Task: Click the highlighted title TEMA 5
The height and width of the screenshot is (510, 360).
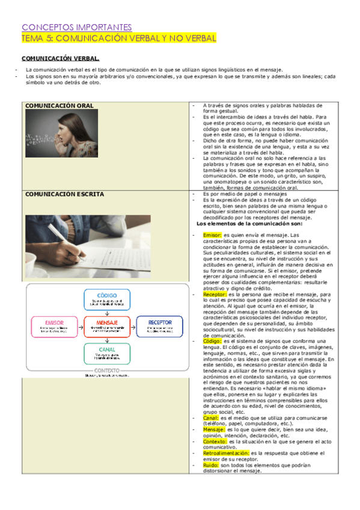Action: (x=119, y=38)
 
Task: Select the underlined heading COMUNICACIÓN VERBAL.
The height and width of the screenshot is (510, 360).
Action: (x=61, y=58)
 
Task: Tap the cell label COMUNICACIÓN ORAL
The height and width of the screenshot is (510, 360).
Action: (x=59, y=106)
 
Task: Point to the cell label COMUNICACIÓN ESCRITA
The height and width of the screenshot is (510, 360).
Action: (x=64, y=194)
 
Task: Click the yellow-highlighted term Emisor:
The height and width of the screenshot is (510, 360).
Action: (x=213, y=235)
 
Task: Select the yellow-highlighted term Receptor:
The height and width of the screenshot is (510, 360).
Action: (x=215, y=294)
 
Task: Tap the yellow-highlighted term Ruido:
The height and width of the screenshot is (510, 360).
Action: (x=210, y=464)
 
